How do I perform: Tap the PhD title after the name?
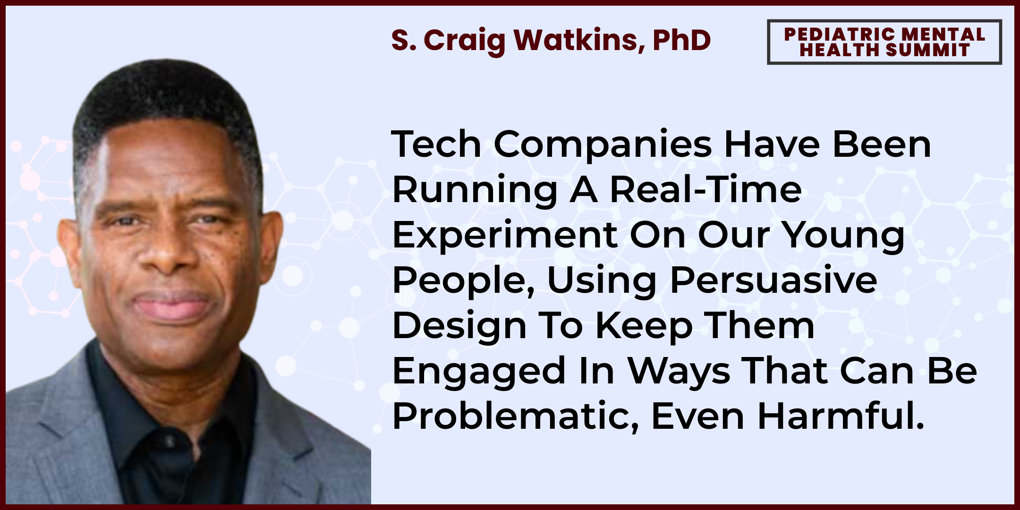(682, 40)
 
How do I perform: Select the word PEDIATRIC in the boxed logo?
(839, 34)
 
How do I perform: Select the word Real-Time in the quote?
(705, 189)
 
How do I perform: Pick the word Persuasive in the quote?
(773, 280)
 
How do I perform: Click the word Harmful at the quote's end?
(841, 416)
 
